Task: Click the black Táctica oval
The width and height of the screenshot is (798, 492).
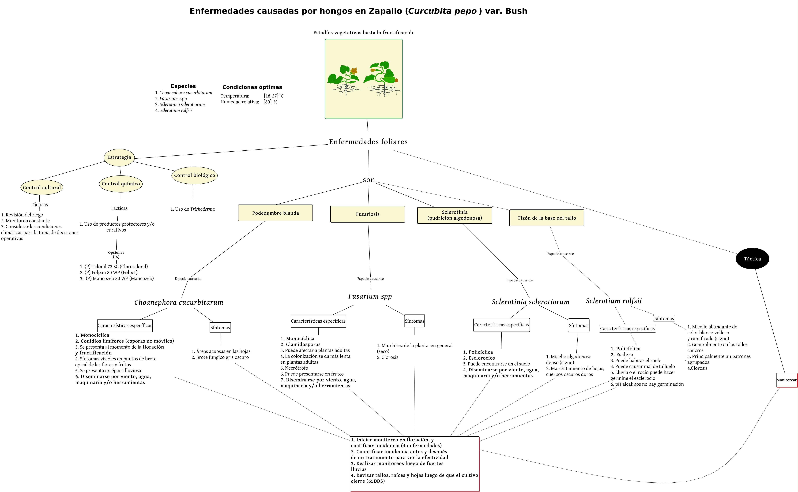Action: tap(752, 259)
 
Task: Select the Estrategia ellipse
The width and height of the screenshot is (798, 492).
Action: tap(119, 157)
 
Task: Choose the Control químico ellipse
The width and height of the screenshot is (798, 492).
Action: tap(121, 183)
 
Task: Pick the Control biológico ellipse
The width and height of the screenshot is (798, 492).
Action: tap(194, 175)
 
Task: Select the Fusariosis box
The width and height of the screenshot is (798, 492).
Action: tap(367, 214)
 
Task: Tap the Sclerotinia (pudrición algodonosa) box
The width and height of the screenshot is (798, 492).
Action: tap(454, 215)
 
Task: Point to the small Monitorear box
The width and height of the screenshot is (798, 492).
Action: tap(786, 380)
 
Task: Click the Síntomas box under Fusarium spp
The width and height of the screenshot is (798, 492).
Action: tap(414, 321)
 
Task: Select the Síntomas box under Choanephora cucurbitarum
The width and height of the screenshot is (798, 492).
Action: tap(220, 327)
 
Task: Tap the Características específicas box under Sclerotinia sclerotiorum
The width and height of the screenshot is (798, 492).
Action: tap(501, 325)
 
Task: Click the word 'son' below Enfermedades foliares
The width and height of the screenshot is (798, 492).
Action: tap(369, 180)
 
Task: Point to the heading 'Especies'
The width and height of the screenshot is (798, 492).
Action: tap(183, 86)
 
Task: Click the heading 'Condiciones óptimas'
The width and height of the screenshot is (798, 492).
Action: tap(252, 87)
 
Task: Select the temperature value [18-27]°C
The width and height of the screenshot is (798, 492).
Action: tap(273, 96)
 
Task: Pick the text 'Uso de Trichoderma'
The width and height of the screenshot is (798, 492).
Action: tap(193, 209)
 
